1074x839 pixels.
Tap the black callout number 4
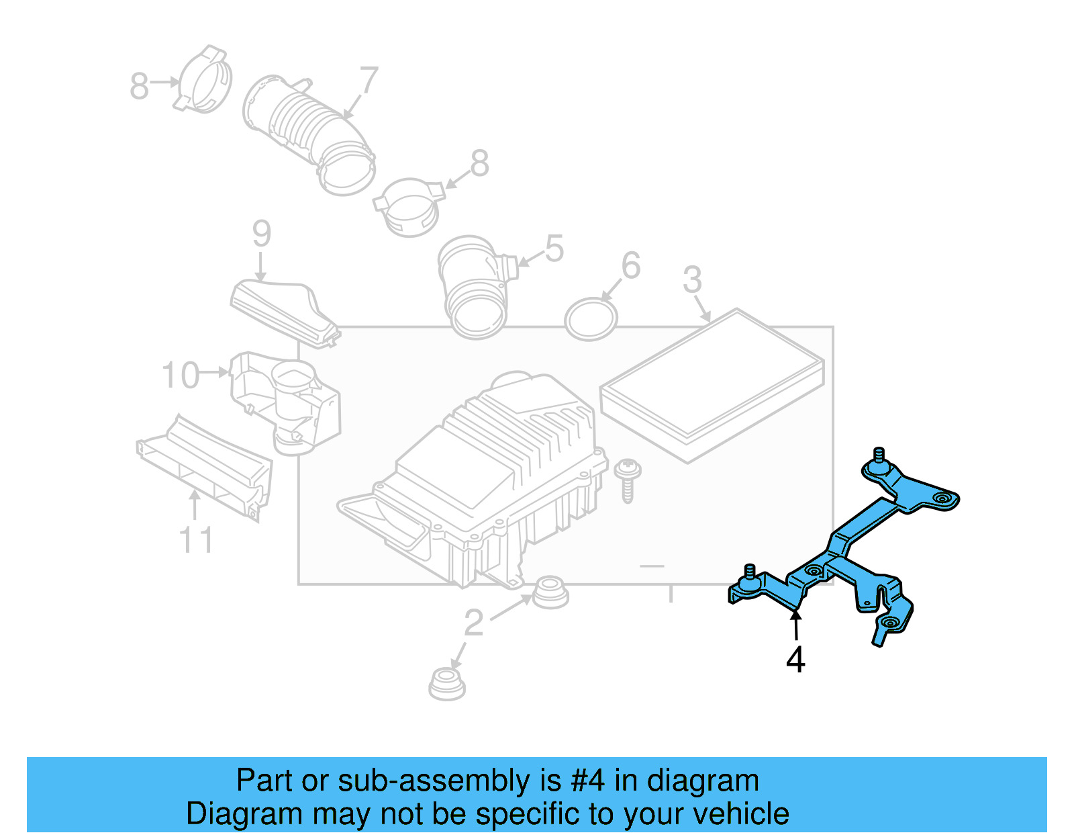tap(795, 660)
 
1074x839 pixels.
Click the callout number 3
tap(692, 280)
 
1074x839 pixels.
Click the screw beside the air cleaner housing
tap(628, 478)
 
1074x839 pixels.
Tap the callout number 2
tap(474, 623)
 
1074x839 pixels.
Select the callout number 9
tap(262, 234)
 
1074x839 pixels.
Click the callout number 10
tap(181, 375)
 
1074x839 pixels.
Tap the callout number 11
tap(196, 540)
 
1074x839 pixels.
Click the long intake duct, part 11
tap(205, 467)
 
